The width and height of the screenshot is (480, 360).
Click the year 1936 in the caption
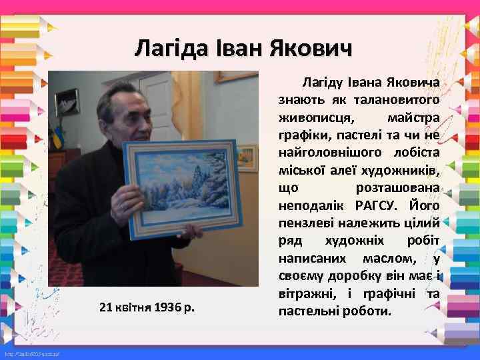coord(169,307)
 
